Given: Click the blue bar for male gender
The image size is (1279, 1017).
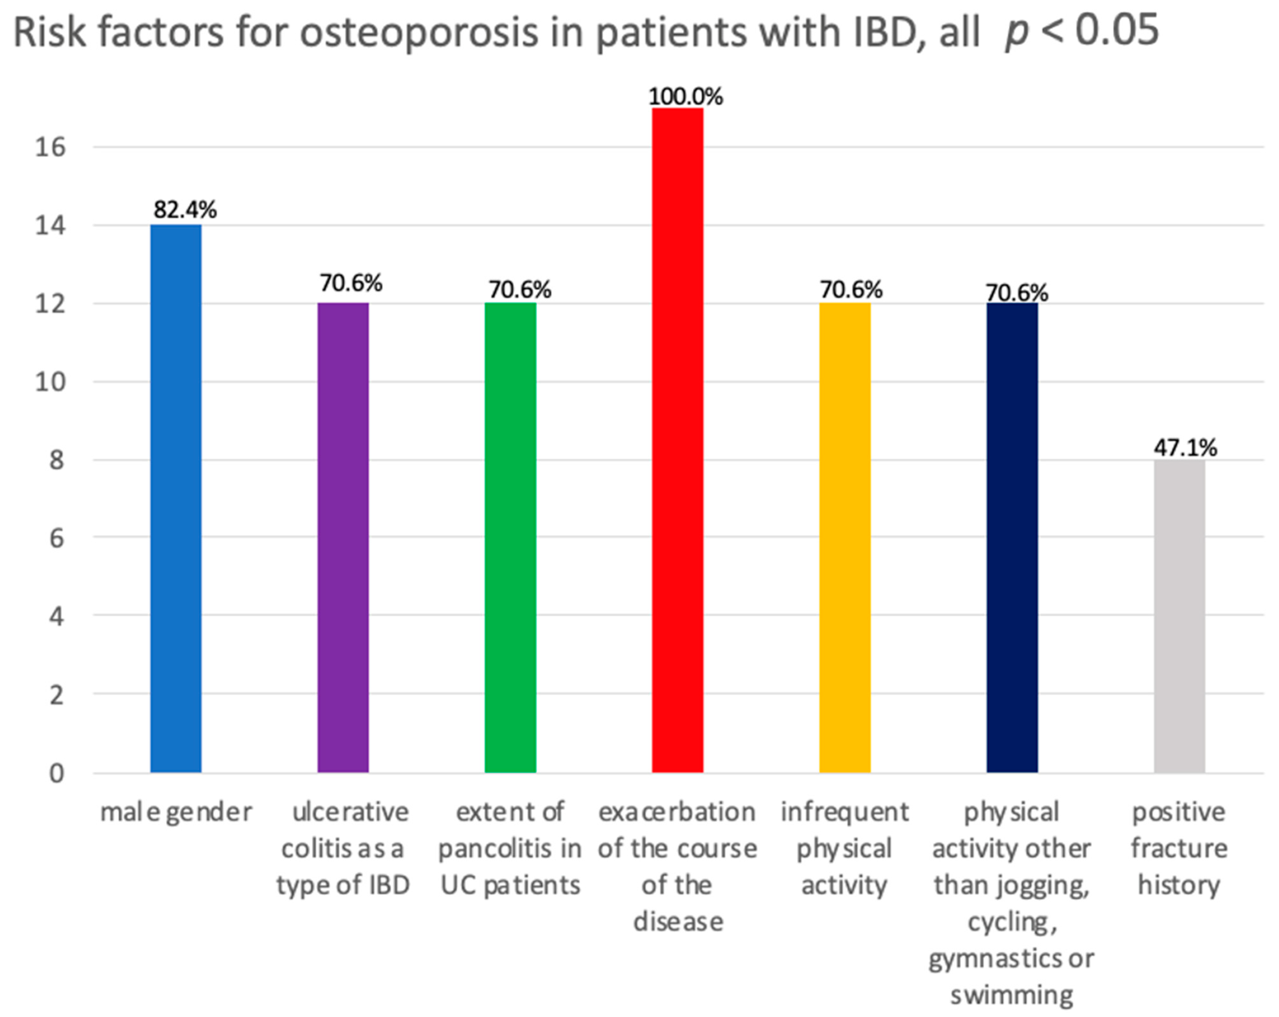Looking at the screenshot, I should [x=175, y=498].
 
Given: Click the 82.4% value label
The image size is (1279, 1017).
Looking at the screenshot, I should [x=185, y=209].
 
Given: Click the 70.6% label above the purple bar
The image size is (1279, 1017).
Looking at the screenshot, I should [x=351, y=283].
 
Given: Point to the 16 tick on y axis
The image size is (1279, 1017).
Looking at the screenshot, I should [x=50, y=147].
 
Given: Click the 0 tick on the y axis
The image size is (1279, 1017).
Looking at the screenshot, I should [x=56, y=773].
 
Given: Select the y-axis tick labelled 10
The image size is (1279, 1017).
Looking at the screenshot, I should [x=50, y=382].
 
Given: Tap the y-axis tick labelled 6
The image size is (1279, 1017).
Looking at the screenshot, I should [x=56, y=538].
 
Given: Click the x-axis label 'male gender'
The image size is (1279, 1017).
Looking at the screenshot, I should [x=175, y=812].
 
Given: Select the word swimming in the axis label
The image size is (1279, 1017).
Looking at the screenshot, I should [x=1011, y=994].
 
